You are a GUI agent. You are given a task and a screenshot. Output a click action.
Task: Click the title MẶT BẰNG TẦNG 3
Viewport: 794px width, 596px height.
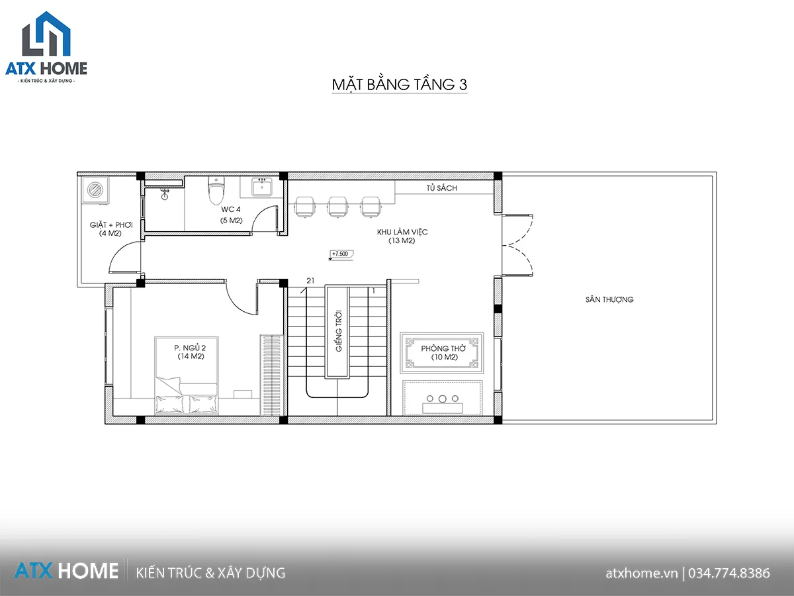(400, 84)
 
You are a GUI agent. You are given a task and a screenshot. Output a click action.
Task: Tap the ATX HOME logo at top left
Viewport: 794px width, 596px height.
(46, 48)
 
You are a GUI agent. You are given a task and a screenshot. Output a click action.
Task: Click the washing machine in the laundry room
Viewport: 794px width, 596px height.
(95, 190)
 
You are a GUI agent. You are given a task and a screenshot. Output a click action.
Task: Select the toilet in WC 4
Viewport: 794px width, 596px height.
(216, 190)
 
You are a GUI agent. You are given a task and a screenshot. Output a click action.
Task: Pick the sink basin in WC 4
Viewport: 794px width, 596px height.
(262, 187)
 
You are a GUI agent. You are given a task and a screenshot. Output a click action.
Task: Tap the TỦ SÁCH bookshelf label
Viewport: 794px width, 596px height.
(441, 188)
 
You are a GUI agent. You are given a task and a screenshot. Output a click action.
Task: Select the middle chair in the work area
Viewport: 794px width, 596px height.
(338, 207)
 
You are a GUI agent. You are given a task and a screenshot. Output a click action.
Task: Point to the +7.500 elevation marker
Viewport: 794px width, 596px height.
(341, 254)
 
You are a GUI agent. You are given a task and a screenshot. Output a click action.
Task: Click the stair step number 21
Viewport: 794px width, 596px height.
(310, 280)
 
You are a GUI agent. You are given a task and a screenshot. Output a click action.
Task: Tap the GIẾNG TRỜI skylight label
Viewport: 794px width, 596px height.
(339, 330)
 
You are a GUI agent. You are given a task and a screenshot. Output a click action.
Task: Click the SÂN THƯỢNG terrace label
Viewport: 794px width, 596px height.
(609, 299)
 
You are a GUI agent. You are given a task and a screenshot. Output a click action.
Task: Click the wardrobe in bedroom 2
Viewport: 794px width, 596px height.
(271, 375)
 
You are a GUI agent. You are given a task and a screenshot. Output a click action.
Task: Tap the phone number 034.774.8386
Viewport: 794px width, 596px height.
(729, 573)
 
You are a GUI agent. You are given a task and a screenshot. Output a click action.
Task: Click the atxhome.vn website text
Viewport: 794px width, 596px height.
(641, 573)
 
